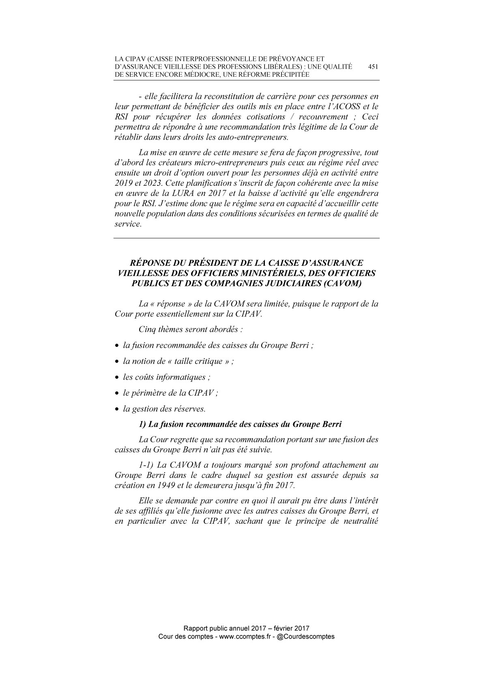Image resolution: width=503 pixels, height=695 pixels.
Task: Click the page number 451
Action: click(x=373, y=67)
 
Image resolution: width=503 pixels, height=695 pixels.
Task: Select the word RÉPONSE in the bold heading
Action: click(x=156, y=263)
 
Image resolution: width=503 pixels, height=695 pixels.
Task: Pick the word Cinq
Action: click(x=147, y=329)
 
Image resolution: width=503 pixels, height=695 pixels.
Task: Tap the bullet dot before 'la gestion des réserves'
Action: click(x=117, y=409)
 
